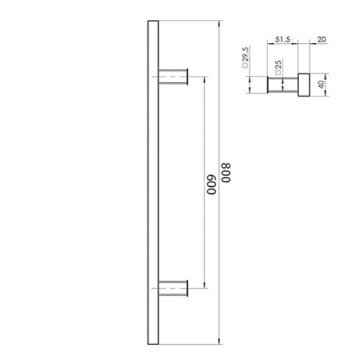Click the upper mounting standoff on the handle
173,76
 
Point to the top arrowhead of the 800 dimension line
220,24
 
